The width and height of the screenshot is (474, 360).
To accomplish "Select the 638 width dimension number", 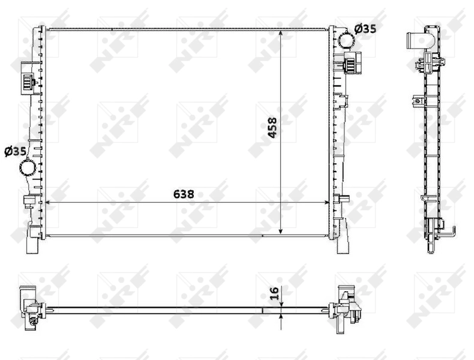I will pyautogui.click(x=184, y=194).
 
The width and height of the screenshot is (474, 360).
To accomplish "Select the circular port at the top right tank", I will pyautogui.click(x=347, y=40).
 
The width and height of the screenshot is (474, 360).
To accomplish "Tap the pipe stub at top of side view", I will pyautogui.click(x=415, y=43).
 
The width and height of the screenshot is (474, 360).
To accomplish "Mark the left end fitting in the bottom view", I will pyautogui.click(x=31, y=309).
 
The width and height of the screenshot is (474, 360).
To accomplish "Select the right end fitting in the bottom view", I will pyautogui.click(x=347, y=306).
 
